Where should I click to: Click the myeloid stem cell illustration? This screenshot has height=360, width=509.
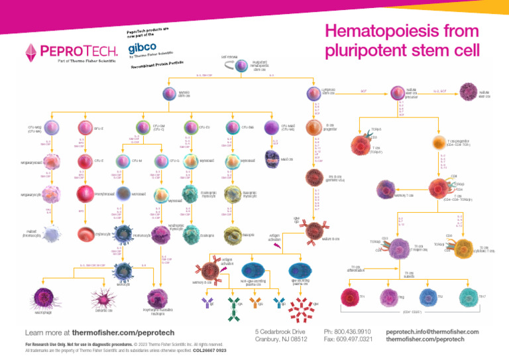coord(169,93)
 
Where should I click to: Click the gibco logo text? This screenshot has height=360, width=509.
coord(142,48)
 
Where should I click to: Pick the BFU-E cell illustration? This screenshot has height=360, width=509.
coord(85,127)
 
